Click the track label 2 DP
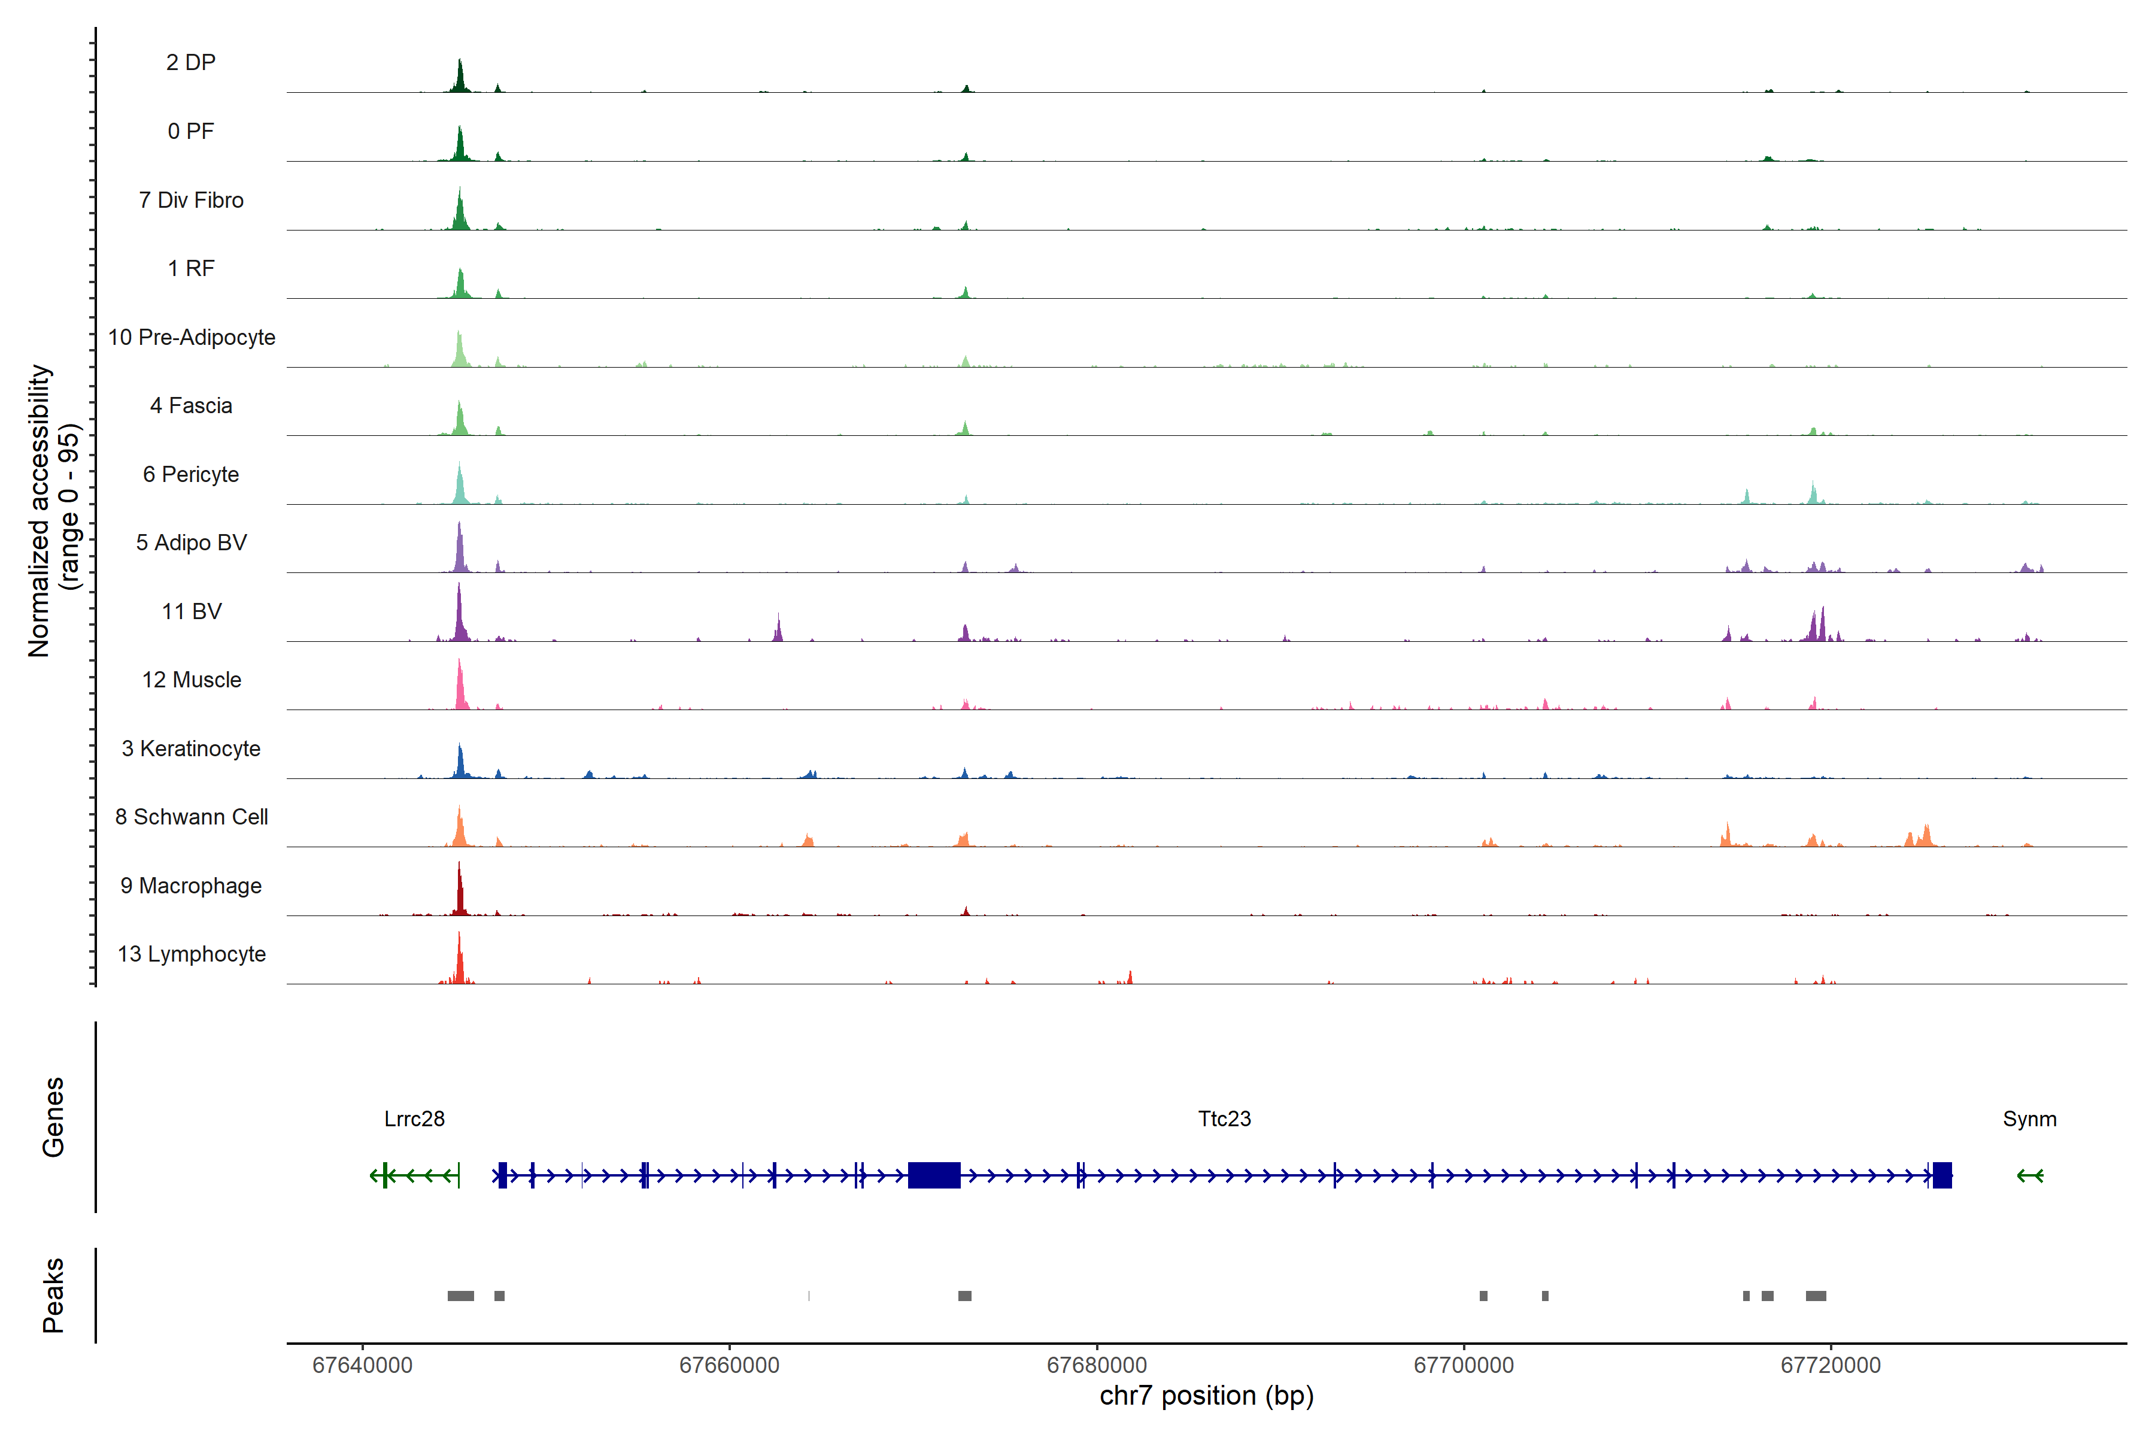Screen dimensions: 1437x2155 [x=190, y=62]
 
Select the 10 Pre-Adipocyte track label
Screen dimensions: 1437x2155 [x=192, y=337]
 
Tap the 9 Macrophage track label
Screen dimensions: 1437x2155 [x=190, y=886]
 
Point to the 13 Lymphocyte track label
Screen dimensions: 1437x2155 [x=192, y=954]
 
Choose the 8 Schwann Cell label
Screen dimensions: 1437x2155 [x=192, y=817]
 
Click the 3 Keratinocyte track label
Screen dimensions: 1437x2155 [x=190, y=749]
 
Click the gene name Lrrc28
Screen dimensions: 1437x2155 [x=414, y=1119]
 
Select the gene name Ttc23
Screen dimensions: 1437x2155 [x=1224, y=1119]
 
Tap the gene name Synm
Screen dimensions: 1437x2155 [x=2029, y=1119]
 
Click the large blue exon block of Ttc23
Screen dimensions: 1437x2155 [x=934, y=1175]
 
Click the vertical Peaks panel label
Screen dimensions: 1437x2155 [x=53, y=1295]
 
